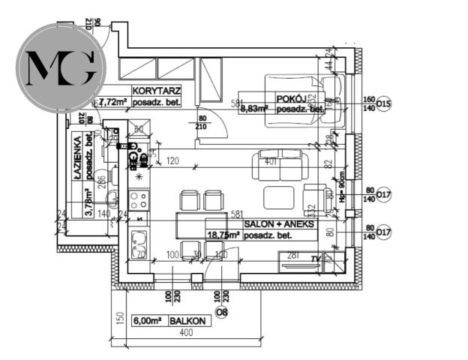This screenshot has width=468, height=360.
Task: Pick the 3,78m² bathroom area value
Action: (x=88, y=202)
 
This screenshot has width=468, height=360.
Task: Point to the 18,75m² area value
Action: (x=223, y=234)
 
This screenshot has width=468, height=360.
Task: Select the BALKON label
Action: (x=187, y=320)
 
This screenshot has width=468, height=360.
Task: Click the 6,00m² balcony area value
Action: (x=146, y=320)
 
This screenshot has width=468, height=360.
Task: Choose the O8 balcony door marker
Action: (x=221, y=311)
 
